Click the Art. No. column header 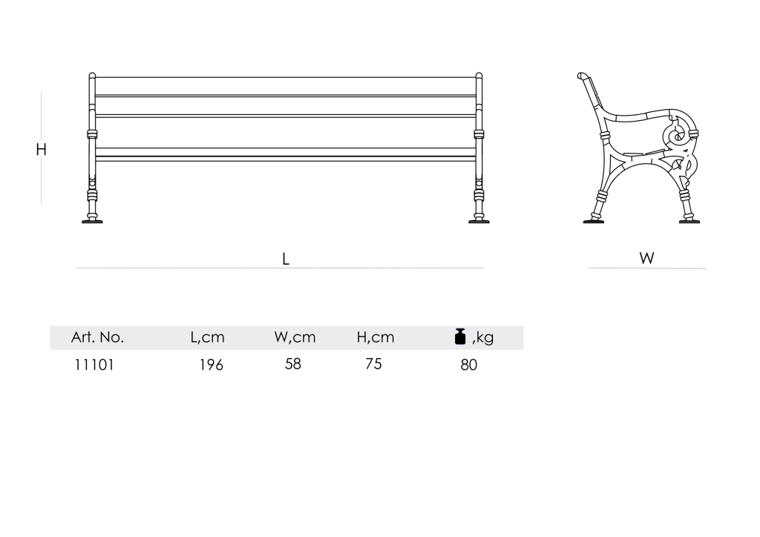[x=97, y=337]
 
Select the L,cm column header [x=208, y=337]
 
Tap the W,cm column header [x=295, y=337]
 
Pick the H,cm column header [x=376, y=337]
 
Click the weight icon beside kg [x=460, y=336]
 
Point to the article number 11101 [x=94, y=365]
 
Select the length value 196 [x=212, y=365]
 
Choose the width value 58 [x=292, y=363]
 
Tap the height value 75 [x=374, y=363]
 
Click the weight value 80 [x=469, y=365]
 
